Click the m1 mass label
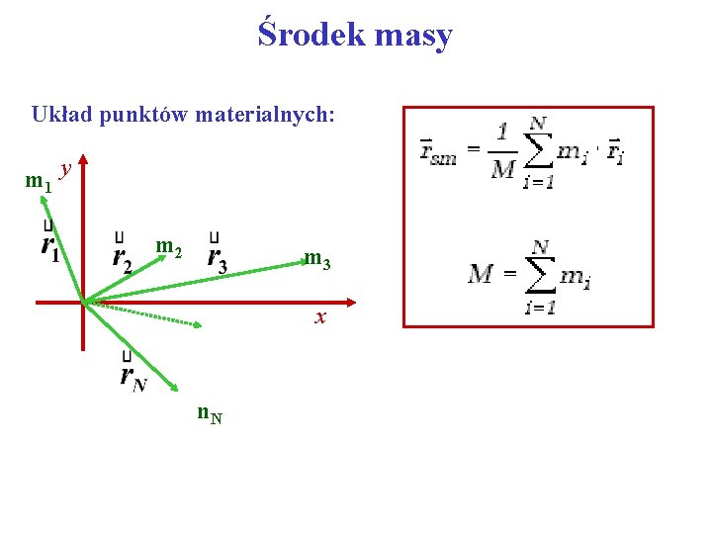click(x=38, y=183)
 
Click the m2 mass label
click(x=169, y=245)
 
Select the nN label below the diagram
click(x=210, y=413)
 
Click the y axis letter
click(x=65, y=170)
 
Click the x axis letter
click(x=319, y=317)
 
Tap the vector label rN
click(x=132, y=375)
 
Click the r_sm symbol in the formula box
click(x=438, y=151)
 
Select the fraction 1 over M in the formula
click(x=503, y=149)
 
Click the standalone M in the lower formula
click(x=482, y=272)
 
